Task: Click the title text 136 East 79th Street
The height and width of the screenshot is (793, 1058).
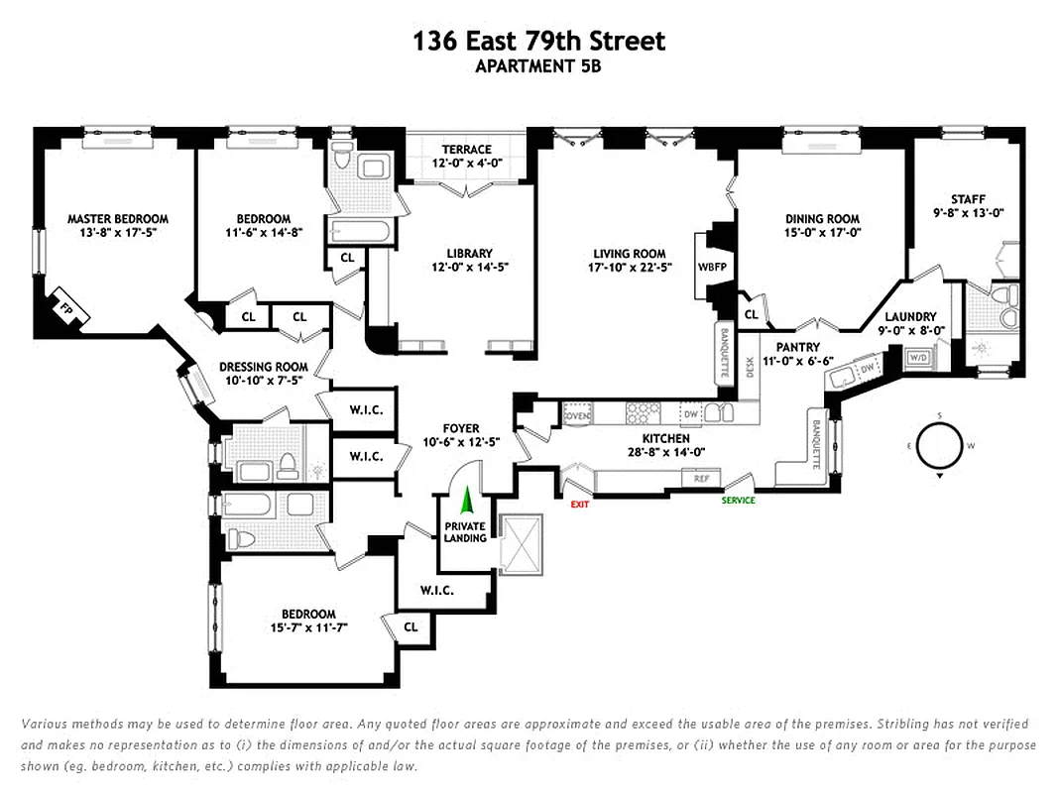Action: [538, 42]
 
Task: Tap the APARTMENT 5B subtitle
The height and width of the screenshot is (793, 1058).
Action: [538, 67]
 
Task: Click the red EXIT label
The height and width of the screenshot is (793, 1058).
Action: [580, 503]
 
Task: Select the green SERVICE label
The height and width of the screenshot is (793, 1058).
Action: [738, 501]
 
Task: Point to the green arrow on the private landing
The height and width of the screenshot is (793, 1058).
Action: [466, 499]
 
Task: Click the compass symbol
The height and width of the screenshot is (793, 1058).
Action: [937, 445]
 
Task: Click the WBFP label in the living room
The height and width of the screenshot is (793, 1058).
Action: [711, 267]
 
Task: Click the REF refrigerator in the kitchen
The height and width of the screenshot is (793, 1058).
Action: [701, 479]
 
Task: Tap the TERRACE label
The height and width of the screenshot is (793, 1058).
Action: [467, 150]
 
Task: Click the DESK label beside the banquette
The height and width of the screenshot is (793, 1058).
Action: [751, 369]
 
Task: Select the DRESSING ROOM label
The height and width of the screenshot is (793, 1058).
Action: [263, 367]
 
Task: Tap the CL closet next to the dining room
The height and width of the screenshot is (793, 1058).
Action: [751, 314]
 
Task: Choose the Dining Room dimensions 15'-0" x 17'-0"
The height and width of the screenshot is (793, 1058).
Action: [822, 234]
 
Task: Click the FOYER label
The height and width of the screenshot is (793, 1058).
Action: [461, 428]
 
